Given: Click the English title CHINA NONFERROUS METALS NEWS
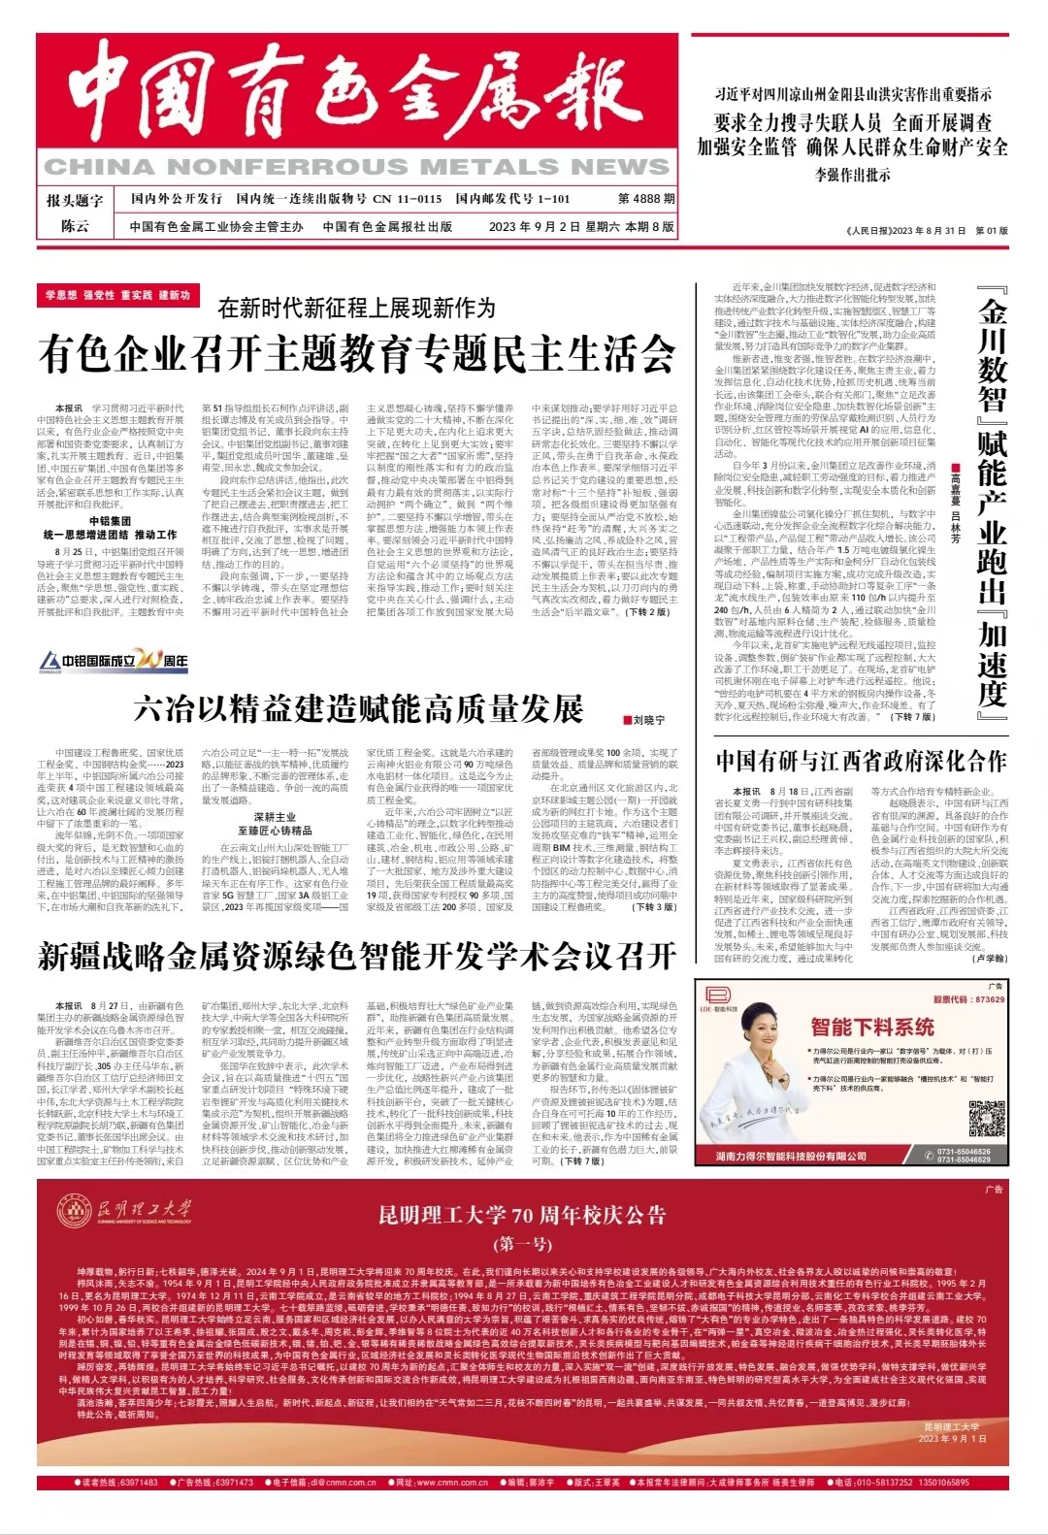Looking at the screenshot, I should coord(357,167).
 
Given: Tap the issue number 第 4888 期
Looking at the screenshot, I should coord(646,199).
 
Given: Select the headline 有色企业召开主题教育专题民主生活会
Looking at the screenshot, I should coord(357,353).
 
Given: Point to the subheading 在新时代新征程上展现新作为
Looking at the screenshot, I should coord(356,309).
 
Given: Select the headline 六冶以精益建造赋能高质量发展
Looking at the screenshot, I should coord(358,709).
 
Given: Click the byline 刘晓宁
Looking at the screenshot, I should coord(647,721).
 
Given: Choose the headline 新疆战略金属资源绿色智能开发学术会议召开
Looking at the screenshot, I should coord(357,957).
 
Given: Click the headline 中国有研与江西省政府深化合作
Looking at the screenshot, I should coord(862,762).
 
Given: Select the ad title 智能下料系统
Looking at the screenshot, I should coord(872,1027).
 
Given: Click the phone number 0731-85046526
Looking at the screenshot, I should coord(964,1152).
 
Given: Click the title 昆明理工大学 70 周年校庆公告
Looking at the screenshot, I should coord(522,1216).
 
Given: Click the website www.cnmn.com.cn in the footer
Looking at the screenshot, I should coord(454,1483).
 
